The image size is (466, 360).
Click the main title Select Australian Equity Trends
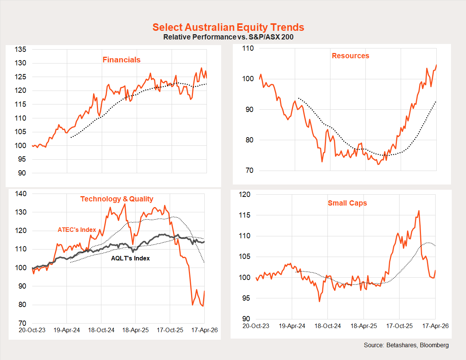pos(228,27)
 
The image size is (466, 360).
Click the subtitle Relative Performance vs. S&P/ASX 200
pos(228,37)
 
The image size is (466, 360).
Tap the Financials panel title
pos(121,60)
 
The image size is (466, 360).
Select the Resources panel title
pos(350,56)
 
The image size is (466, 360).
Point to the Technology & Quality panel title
pos(117,199)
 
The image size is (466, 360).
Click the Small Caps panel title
pos(347,203)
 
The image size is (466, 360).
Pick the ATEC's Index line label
pos(77,230)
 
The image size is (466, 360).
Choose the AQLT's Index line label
pos(130,258)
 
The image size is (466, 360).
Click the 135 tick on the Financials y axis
pos(20,49)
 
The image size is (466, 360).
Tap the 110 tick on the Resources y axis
pos(248,48)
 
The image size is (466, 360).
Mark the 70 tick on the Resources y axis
pos(249,170)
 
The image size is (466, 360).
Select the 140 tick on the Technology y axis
pos(21,194)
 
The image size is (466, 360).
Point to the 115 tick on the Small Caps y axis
pos(244,215)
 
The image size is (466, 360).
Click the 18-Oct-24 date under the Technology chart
pos(101,330)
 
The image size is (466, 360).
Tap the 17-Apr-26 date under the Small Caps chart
pos(435,326)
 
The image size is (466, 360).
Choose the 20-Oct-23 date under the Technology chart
pos(32,330)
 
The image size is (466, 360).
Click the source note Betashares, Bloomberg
pos(406,345)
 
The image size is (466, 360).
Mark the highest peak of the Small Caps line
pos(419,211)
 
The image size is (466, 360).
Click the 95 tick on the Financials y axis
pos(22,159)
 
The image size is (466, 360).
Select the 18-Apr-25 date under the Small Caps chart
pos(363,326)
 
